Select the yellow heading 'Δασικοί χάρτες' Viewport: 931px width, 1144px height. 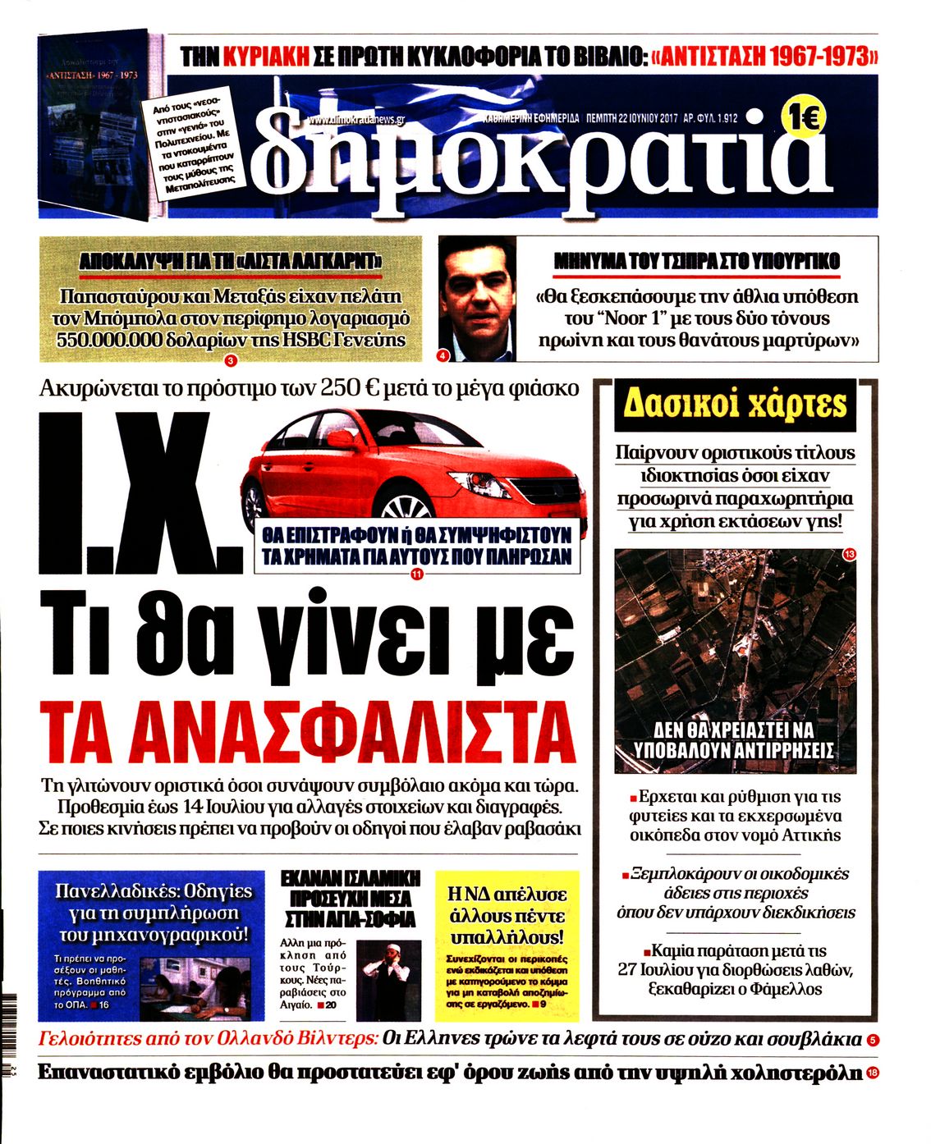(x=735, y=405)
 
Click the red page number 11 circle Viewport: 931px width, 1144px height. (x=415, y=574)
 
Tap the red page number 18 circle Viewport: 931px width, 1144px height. (x=873, y=1073)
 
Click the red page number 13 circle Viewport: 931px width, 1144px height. (x=849, y=555)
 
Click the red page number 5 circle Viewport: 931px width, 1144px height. (x=872, y=1041)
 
